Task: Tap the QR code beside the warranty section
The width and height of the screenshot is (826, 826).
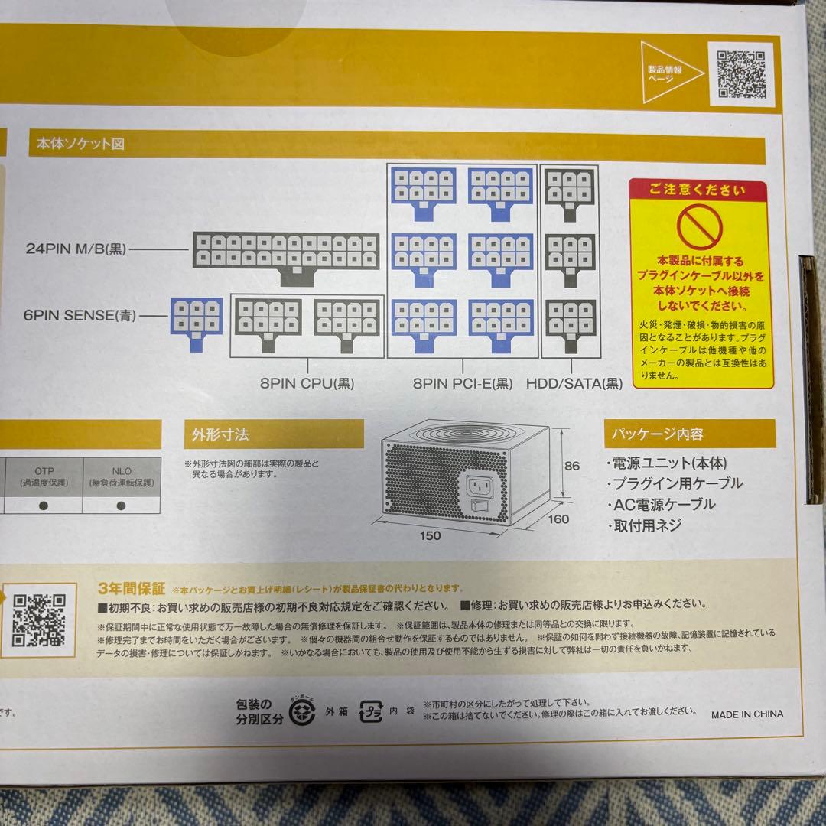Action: pos(39,619)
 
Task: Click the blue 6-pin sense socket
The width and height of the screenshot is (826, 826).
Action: pos(197,321)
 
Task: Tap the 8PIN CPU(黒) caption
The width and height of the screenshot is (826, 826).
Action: pos(307,384)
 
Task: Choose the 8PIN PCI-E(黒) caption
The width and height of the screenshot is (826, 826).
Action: pos(463,384)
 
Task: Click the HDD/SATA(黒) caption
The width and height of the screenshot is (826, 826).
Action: pos(574,384)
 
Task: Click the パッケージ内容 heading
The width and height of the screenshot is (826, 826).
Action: pos(655,434)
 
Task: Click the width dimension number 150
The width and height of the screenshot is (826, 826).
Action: pos(430,535)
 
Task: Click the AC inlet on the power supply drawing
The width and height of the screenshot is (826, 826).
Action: pos(482,483)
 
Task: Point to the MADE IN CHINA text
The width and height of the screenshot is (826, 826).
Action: pos(746,714)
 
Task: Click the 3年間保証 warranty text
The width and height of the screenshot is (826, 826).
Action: pos(132,588)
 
